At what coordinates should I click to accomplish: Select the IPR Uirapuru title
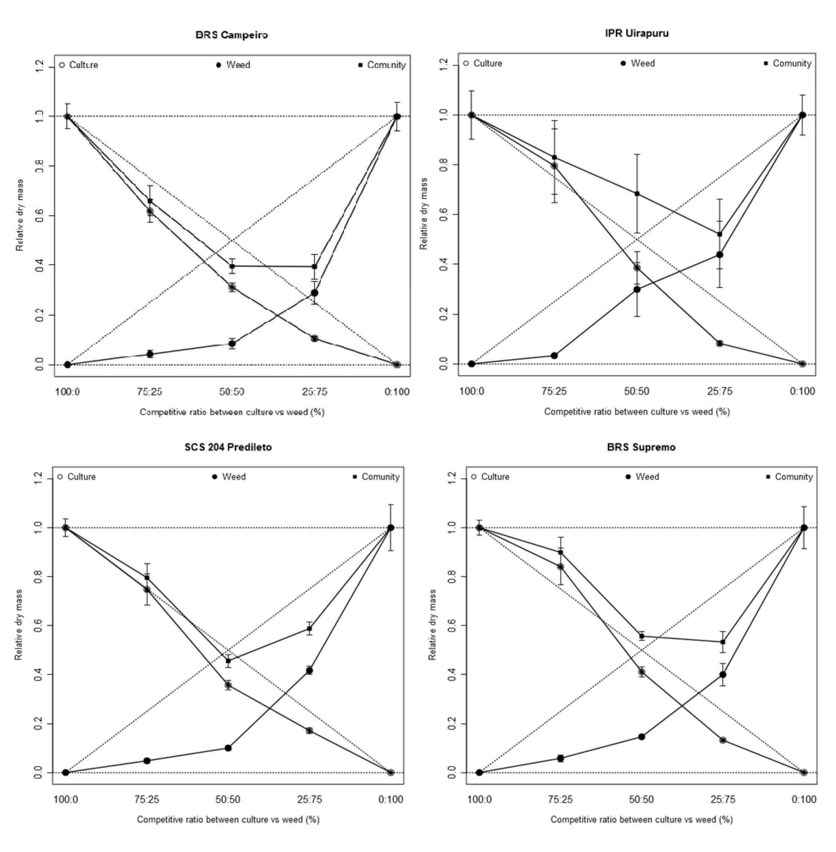click(x=637, y=33)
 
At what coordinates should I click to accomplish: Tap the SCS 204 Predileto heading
click(x=228, y=447)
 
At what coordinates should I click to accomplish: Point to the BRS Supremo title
click(x=641, y=447)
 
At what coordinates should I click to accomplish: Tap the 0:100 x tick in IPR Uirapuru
click(x=802, y=391)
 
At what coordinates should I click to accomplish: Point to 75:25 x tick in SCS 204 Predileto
click(x=147, y=799)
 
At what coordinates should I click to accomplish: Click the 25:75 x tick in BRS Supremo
click(x=722, y=799)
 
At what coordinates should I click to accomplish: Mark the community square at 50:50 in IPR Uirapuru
click(x=637, y=194)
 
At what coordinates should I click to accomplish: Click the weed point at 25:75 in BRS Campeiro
click(x=314, y=293)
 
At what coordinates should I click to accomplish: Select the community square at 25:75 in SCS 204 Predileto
click(x=309, y=628)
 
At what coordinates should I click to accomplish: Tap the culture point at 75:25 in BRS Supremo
click(x=560, y=567)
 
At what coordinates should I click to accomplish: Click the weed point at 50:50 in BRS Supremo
click(x=642, y=737)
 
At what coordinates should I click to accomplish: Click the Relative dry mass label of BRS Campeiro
click(x=20, y=215)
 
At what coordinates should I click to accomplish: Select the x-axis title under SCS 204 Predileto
click(x=228, y=819)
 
